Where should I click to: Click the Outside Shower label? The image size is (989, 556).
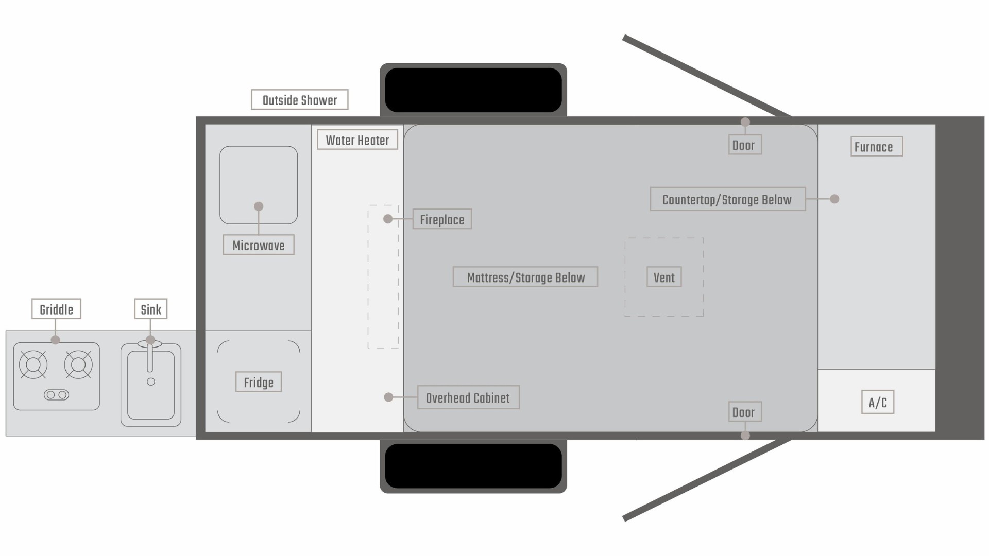299,100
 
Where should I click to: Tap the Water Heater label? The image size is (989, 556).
357,140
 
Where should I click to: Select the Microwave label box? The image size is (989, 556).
258,245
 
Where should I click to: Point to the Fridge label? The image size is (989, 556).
258,382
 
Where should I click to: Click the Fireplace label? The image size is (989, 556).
442,219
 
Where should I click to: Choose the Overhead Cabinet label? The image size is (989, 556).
468,397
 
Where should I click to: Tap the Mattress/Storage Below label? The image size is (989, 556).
525,277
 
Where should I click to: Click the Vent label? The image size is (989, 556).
664,277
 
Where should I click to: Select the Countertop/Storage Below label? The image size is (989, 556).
727,199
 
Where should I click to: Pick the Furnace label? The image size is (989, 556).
876,147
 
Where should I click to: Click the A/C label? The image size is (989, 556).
878,402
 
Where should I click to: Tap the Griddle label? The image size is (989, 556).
56,309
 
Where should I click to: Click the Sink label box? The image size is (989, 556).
151,309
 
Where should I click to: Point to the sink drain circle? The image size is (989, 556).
151,382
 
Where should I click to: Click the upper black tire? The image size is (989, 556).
473,90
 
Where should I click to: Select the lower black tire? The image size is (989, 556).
473,466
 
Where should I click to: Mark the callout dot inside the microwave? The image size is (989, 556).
259,206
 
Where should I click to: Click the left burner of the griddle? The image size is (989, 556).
33,364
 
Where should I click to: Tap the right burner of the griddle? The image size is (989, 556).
78,364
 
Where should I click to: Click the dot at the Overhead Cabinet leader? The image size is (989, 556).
389,397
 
